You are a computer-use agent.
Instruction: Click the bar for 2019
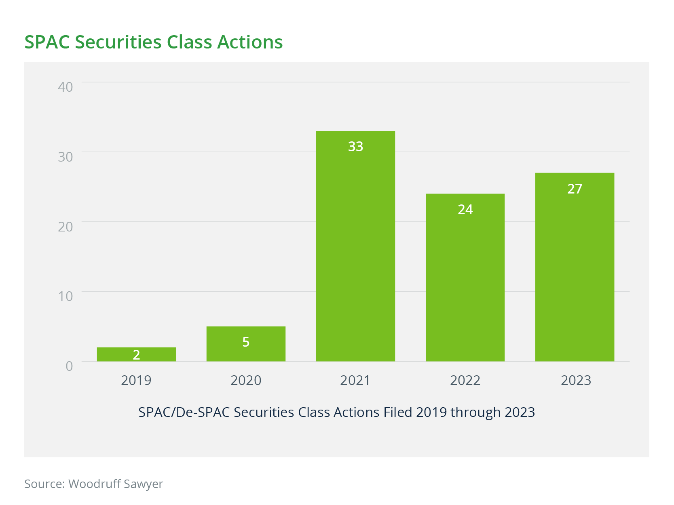tap(136, 354)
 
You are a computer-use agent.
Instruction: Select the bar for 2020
tap(246, 344)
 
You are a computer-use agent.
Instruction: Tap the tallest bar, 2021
tap(355, 246)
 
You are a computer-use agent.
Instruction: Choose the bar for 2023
tap(575, 267)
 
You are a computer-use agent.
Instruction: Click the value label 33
tap(355, 146)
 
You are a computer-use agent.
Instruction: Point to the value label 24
tap(465, 209)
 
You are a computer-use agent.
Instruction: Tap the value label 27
tap(575, 189)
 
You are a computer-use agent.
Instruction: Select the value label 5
tap(246, 342)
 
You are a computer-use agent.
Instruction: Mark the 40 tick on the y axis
tap(65, 87)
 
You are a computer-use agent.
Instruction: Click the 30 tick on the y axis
tap(65, 157)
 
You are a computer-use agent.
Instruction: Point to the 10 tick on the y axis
tap(65, 296)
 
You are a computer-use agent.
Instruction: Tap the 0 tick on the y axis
tap(69, 366)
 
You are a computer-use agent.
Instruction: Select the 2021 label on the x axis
tap(355, 380)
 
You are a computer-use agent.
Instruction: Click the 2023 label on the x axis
tap(576, 380)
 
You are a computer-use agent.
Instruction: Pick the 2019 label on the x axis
tap(136, 380)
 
